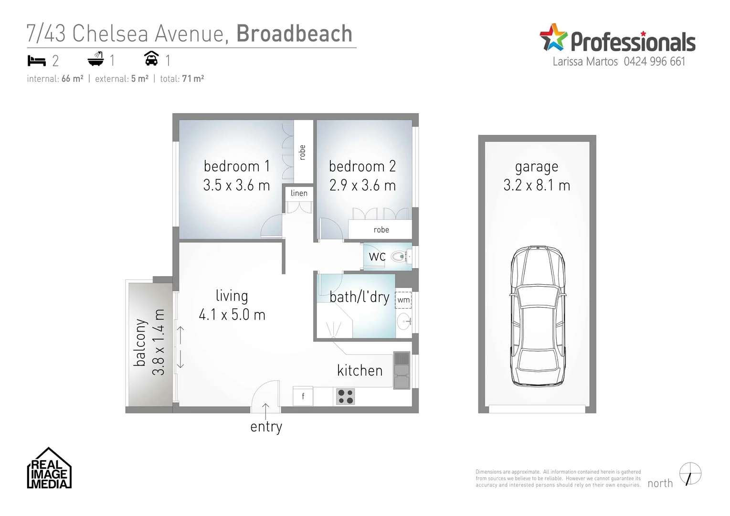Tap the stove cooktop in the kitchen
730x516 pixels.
coord(345,397)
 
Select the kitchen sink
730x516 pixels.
coord(402,370)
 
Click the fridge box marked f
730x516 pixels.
coord(303,396)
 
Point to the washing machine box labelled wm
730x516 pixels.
coord(403,300)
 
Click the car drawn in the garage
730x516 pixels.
coord(538,316)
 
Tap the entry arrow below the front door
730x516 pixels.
coord(265,409)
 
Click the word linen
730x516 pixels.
coord(299,193)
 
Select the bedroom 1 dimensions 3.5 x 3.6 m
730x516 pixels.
coord(236,185)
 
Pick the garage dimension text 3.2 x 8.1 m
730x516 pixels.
coord(537,185)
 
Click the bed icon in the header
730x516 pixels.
coord(37,61)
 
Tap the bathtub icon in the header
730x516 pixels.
coord(95,59)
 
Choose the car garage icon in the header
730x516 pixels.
coord(151,59)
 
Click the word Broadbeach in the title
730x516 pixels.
coord(294,34)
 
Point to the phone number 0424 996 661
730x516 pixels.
coord(654,62)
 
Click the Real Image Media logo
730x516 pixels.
coord(49,469)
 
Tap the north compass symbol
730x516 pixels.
coord(690,474)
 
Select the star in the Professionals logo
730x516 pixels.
coord(553,37)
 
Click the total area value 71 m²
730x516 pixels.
coord(193,79)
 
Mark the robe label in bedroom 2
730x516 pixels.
coord(381,230)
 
